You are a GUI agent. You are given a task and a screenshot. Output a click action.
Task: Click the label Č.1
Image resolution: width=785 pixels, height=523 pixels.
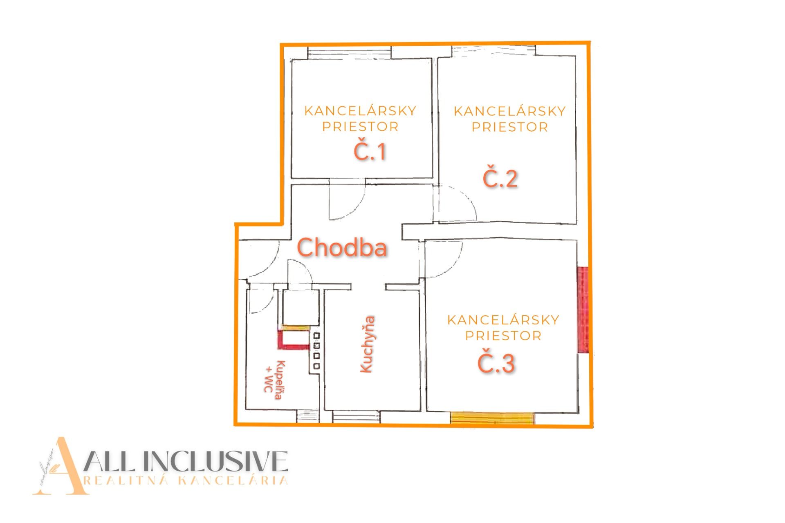tap(370, 152)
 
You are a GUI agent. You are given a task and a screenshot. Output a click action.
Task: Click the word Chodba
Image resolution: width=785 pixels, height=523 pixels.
tap(342, 248)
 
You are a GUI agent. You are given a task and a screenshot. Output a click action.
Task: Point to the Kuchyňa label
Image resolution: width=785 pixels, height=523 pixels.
tap(367, 344)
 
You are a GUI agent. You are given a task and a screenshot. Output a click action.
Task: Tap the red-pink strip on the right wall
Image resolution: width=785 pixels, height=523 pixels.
tap(583, 310)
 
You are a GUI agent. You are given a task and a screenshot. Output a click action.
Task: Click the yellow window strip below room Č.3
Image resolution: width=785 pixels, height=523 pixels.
tap(492, 418)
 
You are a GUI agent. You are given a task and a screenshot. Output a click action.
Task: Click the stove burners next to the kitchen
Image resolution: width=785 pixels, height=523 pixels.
tap(316, 351)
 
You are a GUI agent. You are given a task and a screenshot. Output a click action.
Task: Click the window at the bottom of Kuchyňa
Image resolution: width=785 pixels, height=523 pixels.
tap(356, 416)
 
